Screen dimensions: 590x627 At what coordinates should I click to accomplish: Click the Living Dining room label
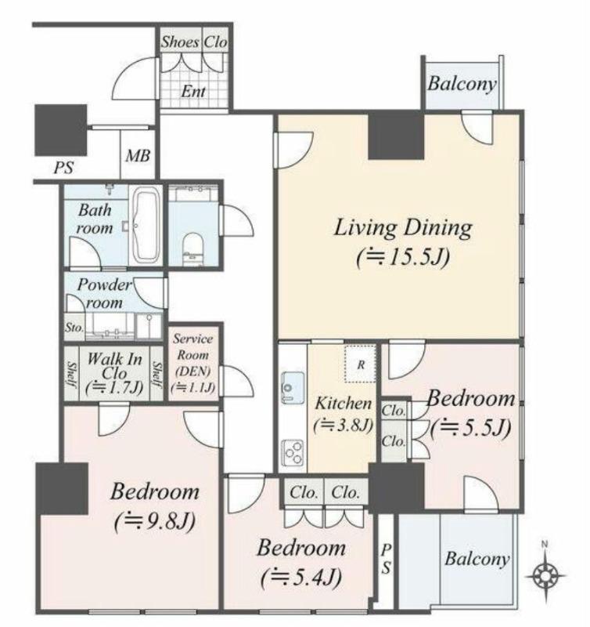tap(403, 228)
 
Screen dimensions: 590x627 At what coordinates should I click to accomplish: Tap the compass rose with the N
tap(545, 576)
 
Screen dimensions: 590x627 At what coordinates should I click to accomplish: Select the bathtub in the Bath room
tap(146, 225)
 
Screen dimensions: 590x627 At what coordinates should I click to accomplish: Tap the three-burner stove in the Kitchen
tap(293, 453)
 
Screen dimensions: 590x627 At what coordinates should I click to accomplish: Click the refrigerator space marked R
tap(361, 364)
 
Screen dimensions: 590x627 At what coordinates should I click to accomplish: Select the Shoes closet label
tap(180, 42)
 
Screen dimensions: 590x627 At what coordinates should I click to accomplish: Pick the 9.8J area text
tap(155, 521)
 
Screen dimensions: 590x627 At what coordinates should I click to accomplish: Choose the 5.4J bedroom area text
tap(301, 578)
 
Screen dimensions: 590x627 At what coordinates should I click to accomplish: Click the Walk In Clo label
tap(114, 366)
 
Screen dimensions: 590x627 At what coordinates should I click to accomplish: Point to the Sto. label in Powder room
tap(74, 328)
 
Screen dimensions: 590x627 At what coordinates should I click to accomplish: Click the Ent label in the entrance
tap(193, 92)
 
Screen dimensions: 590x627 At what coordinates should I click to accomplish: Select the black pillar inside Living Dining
tap(396, 136)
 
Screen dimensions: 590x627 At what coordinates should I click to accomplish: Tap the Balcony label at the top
tap(462, 84)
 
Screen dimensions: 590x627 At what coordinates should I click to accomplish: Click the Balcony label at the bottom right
tap(477, 558)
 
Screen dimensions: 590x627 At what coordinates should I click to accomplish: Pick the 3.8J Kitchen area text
tap(344, 426)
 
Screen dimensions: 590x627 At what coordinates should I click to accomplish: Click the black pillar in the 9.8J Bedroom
tap(62, 488)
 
